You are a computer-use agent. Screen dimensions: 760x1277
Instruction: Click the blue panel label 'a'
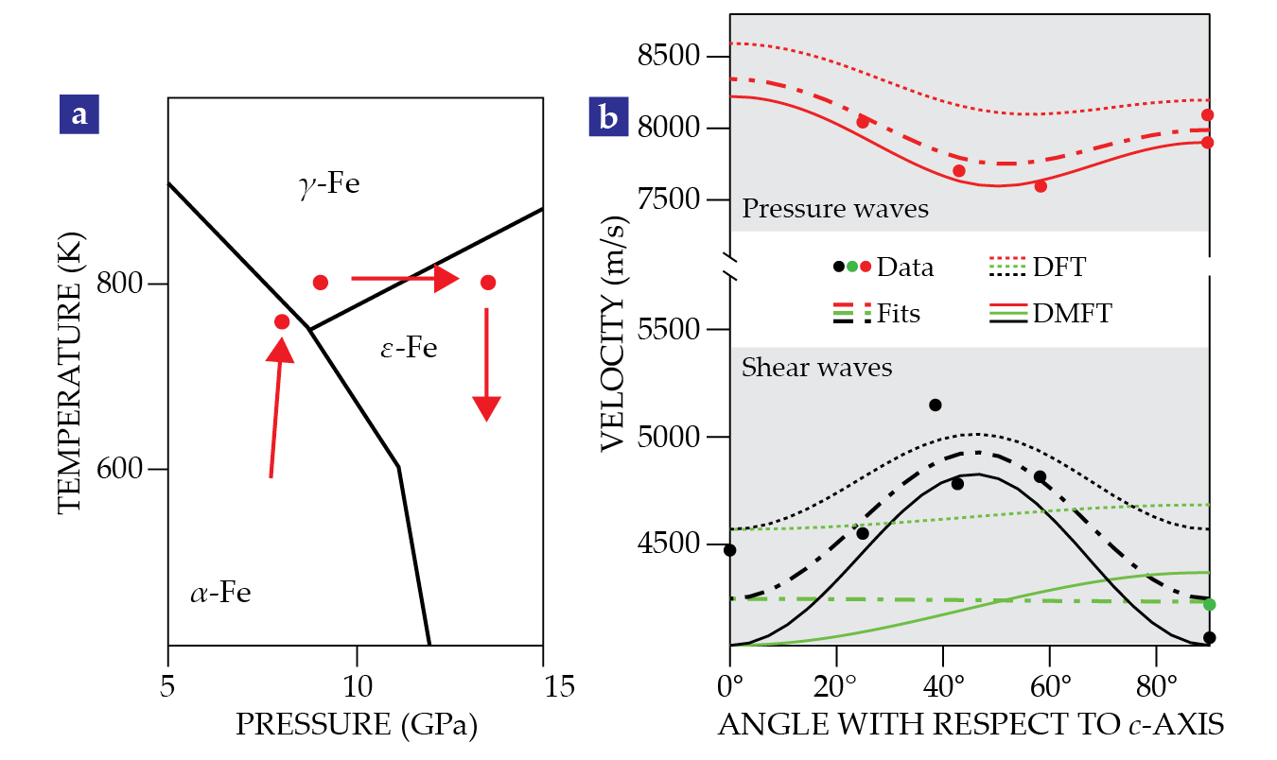pyautogui.click(x=79, y=114)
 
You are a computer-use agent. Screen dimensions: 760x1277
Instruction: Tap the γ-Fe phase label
pyautogui.click(x=329, y=184)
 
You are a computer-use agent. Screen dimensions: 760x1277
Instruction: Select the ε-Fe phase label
pyautogui.click(x=409, y=348)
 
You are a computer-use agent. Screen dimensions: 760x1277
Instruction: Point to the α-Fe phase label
pyautogui.click(x=220, y=595)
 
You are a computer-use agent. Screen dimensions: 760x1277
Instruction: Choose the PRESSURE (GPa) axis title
pyautogui.click(x=356, y=725)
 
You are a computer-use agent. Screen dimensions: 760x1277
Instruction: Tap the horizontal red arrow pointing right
pyautogui.click(x=405, y=279)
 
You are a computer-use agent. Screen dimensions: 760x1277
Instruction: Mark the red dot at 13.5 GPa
pyautogui.click(x=488, y=283)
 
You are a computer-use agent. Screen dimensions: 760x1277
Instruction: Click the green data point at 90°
pyautogui.click(x=1208, y=604)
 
